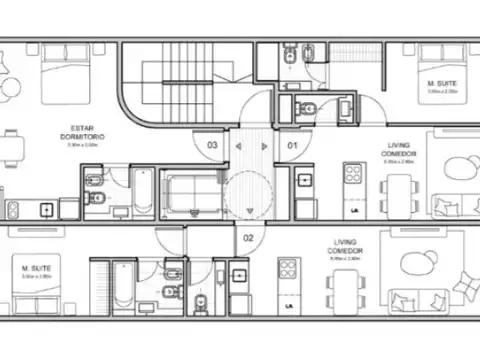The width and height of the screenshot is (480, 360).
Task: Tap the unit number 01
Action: coord(293,145)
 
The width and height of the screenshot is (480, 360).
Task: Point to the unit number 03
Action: coord(212,145)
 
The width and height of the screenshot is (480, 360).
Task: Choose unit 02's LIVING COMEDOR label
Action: coord(346,245)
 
